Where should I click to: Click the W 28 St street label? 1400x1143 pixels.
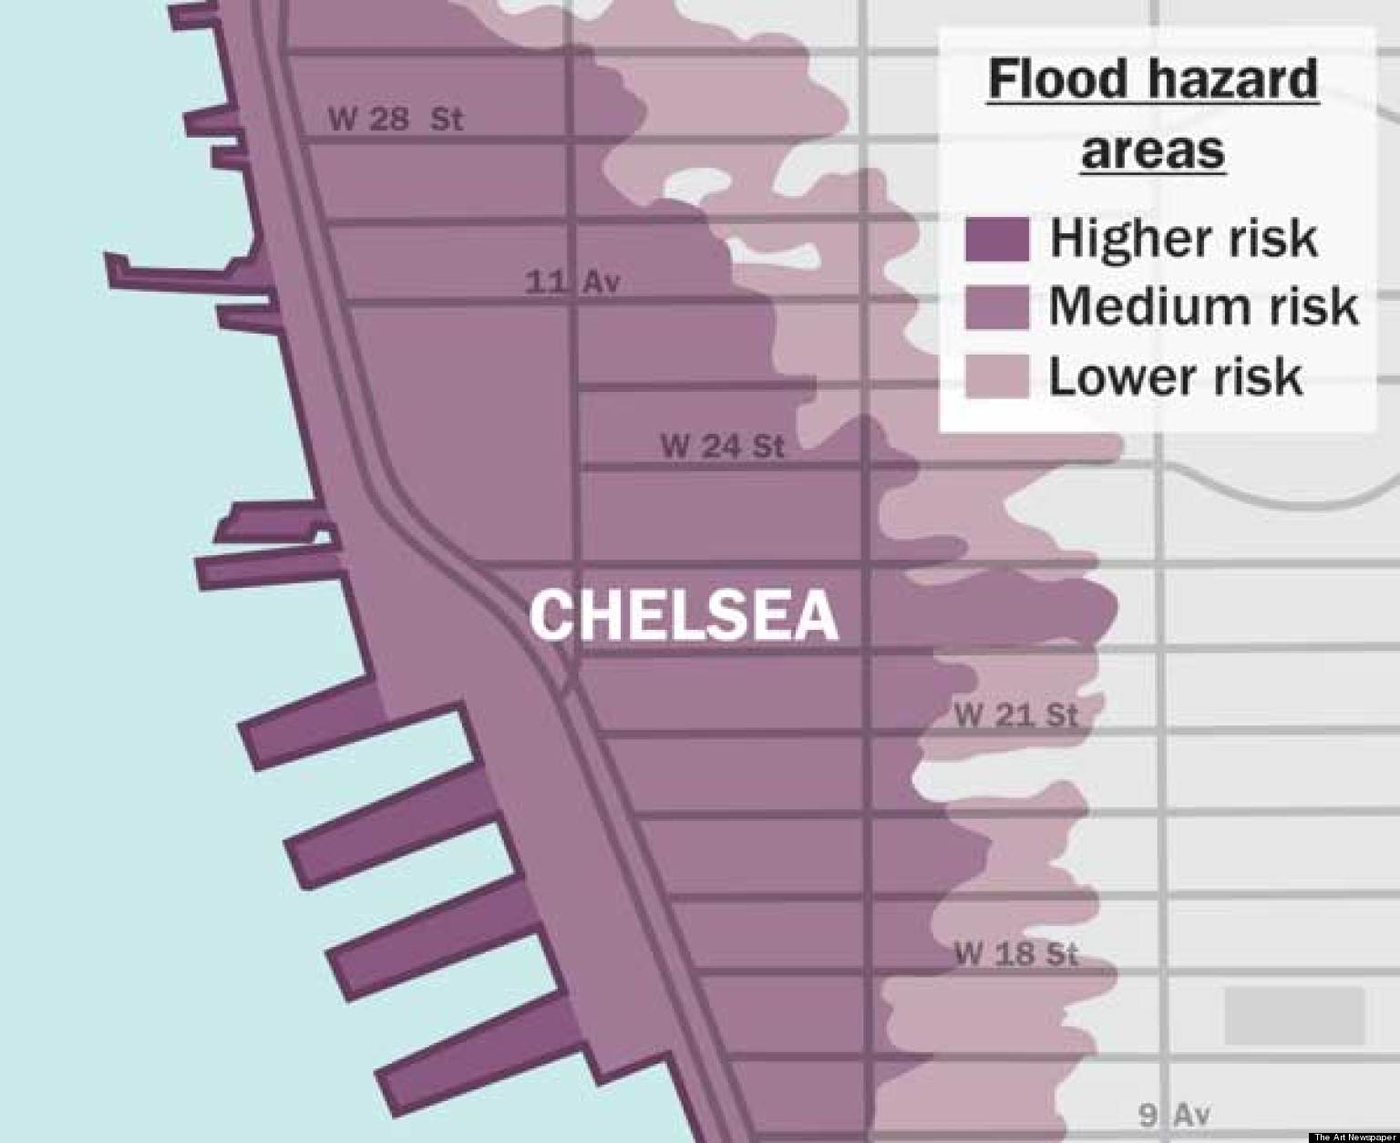pyautogui.click(x=395, y=118)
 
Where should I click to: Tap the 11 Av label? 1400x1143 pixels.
pyautogui.click(x=572, y=282)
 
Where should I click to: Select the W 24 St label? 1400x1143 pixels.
pyautogui.click(x=722, y=446)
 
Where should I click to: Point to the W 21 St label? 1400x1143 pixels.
pyautogui.click(x=1015, y=715)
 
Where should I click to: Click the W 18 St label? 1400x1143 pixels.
pyautogui.click(x=1015, y=954)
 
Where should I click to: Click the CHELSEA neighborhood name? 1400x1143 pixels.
pyautogui.click(x=684, y=615)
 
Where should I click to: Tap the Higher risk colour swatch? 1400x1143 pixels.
pyautogui.click(x=996, y=239)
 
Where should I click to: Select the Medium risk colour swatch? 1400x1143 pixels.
pyautogui.click(x=996, y=307)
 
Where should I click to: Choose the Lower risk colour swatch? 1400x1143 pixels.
pyautogui.click(x=996, y=376)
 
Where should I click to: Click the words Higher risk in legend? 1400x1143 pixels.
pyautogui.click(x=1183, y=239)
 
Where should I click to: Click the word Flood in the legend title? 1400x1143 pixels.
pyautogui.click(x=1057, y=79)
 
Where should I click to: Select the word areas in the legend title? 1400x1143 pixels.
pyautogui.click(x=1152, y=149)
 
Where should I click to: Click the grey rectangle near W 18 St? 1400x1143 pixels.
pyautogui.click(x=1294, y=1014)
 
